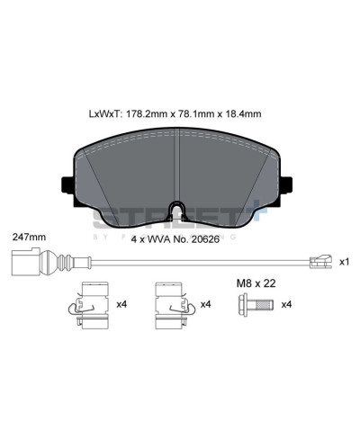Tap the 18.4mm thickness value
(x=243, y=114)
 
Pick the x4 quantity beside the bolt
(x=287, y=304)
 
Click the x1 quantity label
(x=343, y=262)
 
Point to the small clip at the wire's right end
(x=316, y=262)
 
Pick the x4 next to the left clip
(x=121, y=304)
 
